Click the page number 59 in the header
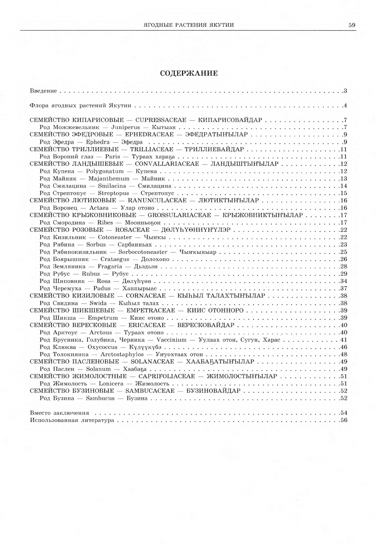[x=352, y=24]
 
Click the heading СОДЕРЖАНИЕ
[x=189, y=73]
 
